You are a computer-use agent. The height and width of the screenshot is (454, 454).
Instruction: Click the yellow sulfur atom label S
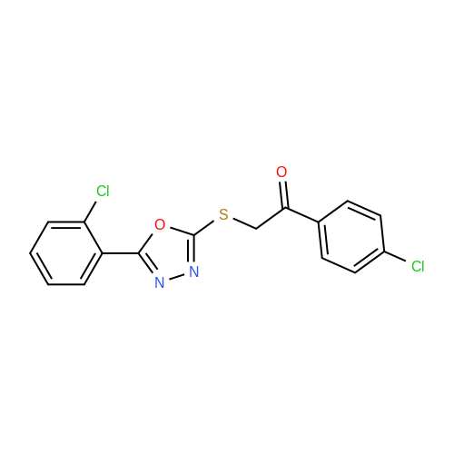pos(223,214)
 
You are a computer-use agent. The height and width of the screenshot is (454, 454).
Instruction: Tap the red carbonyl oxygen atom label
pos(281,172)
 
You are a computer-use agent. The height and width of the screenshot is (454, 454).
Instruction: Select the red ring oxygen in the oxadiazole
pos(160,224)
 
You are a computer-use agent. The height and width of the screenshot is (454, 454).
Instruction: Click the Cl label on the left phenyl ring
pos(103,191)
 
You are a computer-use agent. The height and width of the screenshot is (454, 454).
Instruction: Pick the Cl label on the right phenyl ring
pos(418,266)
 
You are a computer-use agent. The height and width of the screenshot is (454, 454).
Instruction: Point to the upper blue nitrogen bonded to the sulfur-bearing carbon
pos(193,271)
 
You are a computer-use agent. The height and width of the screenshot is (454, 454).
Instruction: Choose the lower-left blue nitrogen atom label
pos(160,282)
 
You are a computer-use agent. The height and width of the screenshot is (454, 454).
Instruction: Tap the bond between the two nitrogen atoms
pos(177,277)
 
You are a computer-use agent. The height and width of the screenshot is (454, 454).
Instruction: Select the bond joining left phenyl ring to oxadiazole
pos(121,253)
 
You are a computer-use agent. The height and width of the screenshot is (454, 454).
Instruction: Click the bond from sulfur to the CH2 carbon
pos(244,223)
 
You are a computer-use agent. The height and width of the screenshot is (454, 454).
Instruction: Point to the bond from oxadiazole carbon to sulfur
pos(204,228)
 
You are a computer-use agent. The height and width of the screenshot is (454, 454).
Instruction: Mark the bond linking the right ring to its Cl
pos(395,256)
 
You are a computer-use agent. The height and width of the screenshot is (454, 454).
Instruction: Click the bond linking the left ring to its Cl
pos(90,212)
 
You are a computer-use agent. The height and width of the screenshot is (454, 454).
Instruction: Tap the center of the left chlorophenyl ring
pos(66,253)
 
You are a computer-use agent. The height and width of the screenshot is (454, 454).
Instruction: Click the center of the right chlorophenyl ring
pos(351,237)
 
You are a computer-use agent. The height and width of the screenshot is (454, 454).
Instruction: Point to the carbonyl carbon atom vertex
pos(285,208)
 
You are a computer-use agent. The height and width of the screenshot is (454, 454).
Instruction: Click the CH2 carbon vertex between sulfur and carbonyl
pos(256,229)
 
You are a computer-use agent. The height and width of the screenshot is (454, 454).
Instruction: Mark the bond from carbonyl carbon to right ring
pos(302,215)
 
